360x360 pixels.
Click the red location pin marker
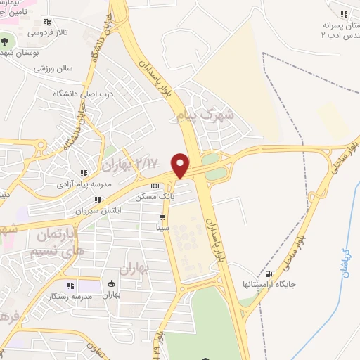pos(181,165)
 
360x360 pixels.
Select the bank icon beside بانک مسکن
pos(155,186)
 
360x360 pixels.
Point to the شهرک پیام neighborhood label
pos(211,114)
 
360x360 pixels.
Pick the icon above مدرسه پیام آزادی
pos(83,173)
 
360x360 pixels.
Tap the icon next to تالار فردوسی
pos(47,22)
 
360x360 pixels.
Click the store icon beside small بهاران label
pos(111,284)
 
